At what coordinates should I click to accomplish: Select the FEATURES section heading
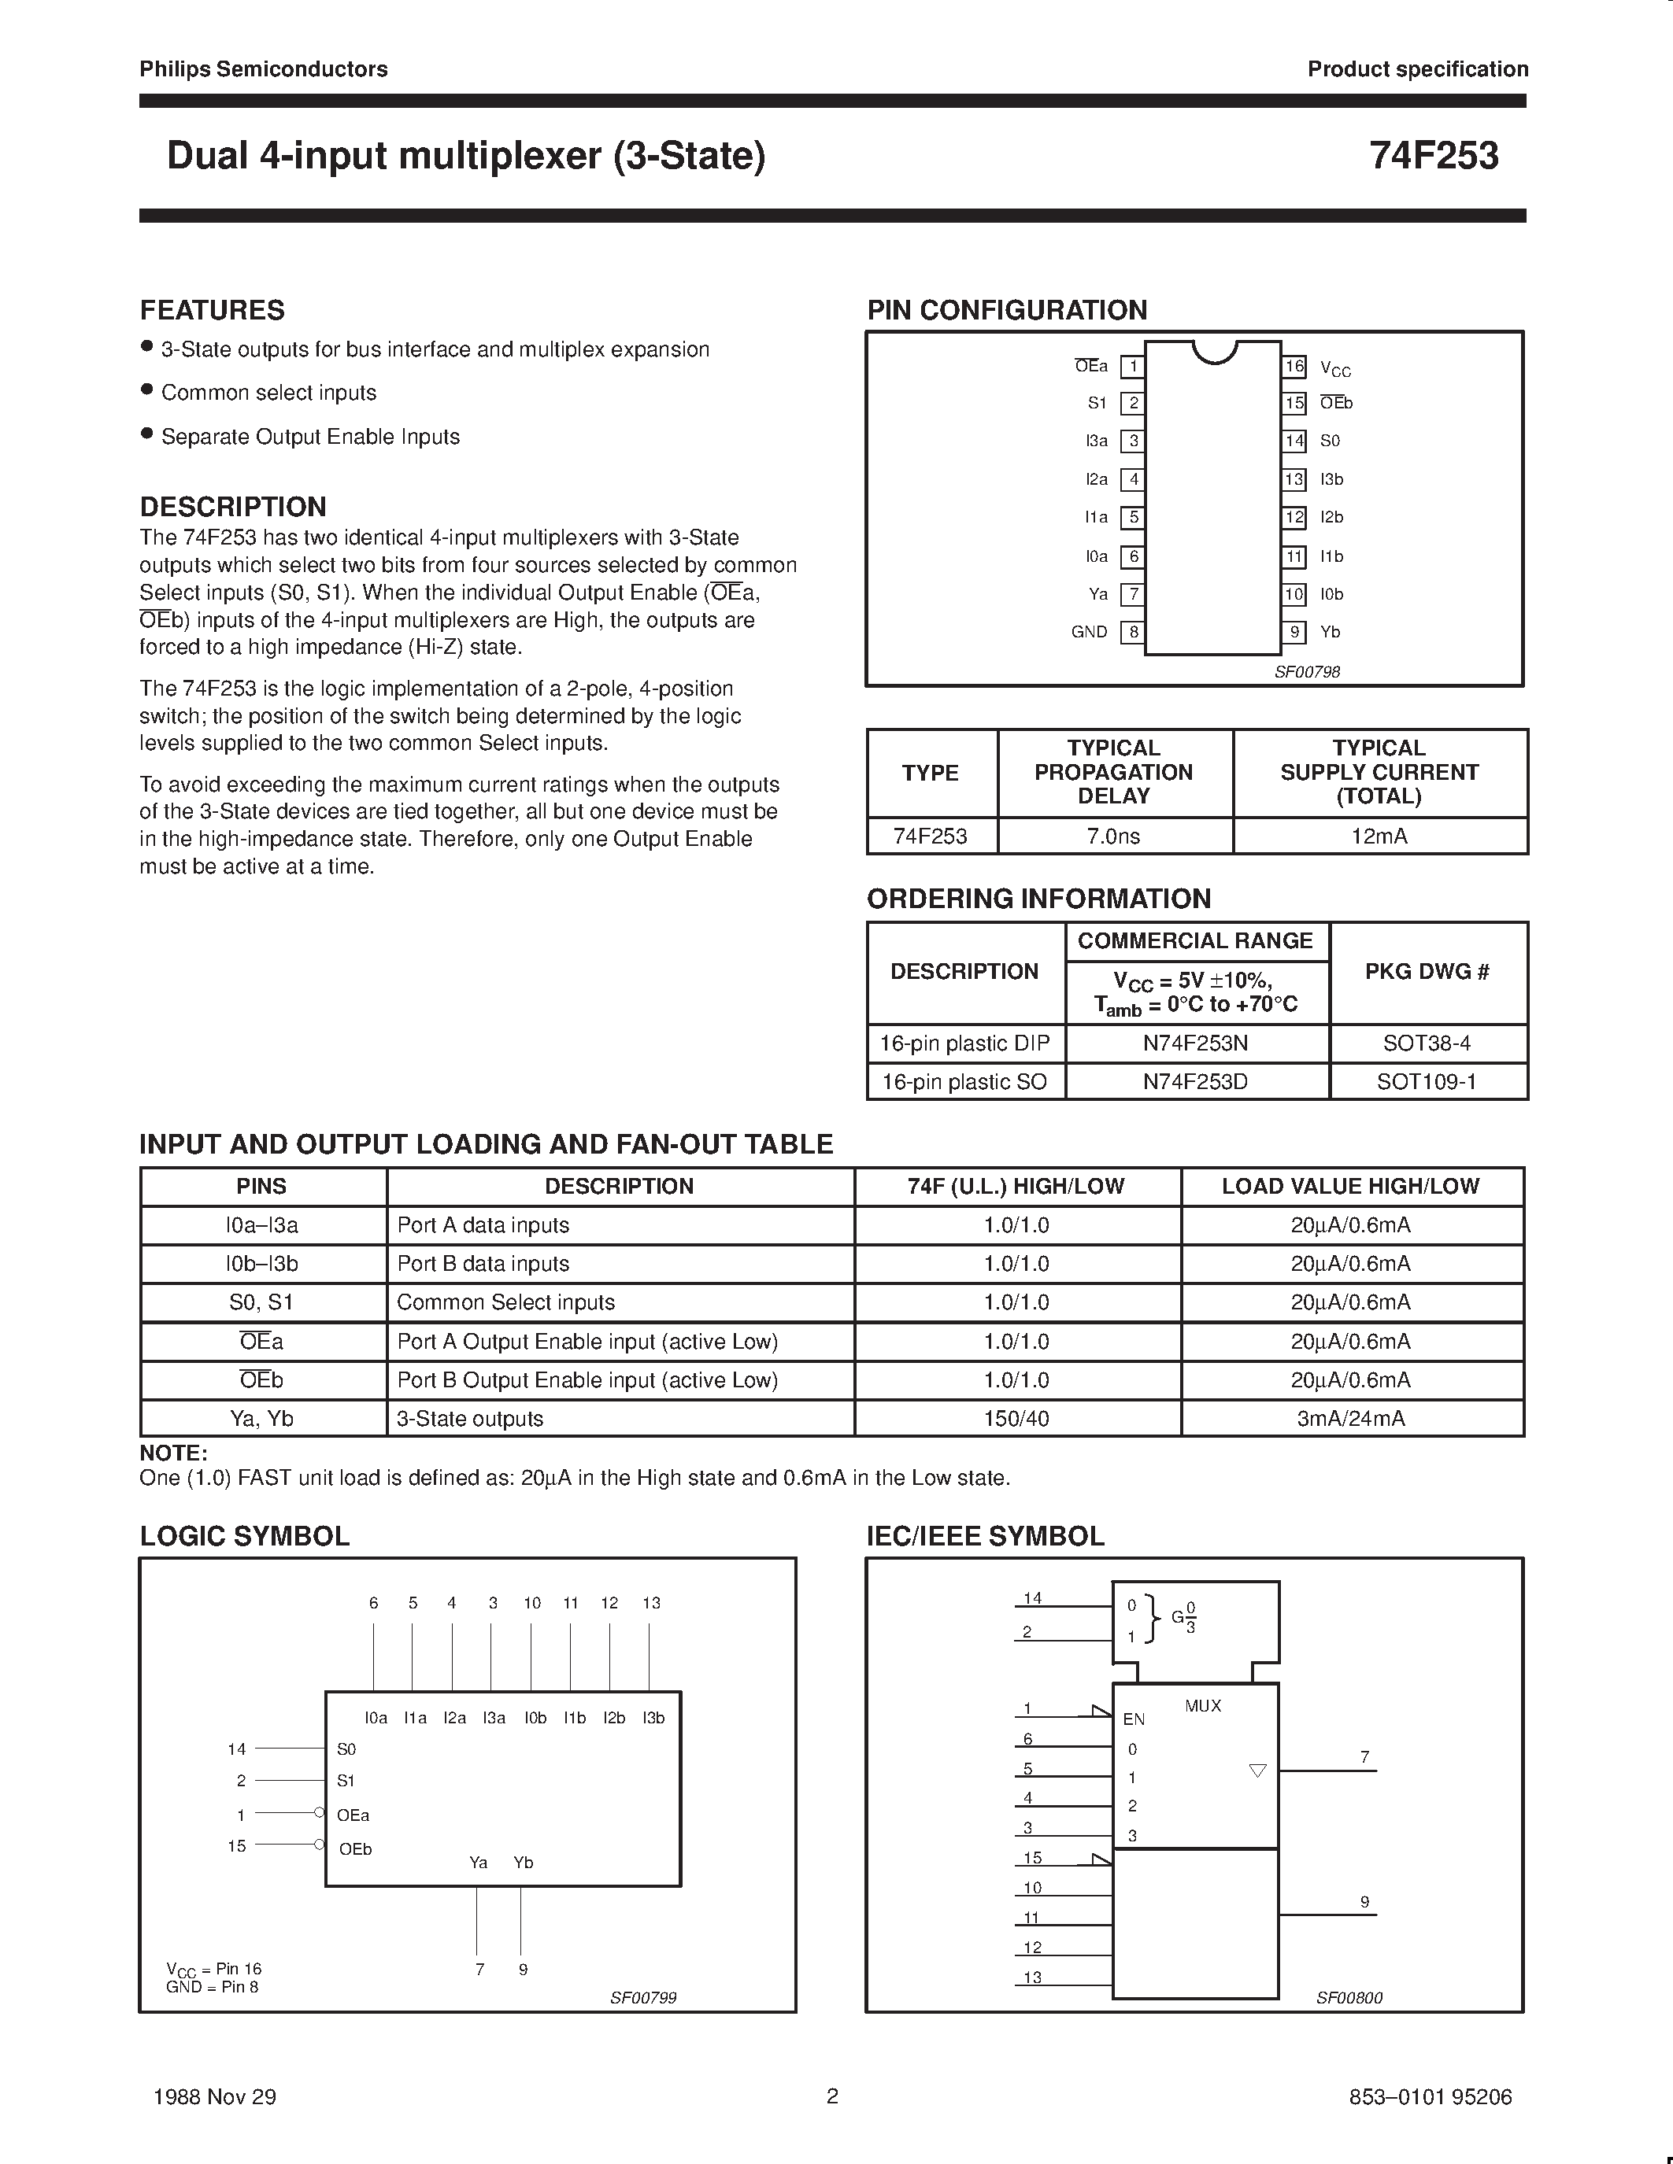click(x=212, y=310)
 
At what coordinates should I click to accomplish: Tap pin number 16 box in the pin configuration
click(x=1294, y=367)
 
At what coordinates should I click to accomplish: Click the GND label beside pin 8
click(x=1090, y=632)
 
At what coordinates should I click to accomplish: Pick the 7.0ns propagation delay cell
click(x=1114, y=836)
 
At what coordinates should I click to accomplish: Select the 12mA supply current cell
click(x=1379, y=836)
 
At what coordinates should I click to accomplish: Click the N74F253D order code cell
click(x=1195, y=1082)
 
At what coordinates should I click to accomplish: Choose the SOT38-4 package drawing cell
click(x=1427, y=1043)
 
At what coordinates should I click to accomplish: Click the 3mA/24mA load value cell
click(x=1350, y=1419)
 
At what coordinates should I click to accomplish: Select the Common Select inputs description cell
click(x=505, y=1303)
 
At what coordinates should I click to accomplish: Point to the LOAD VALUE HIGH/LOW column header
click(x=1350, y=1187)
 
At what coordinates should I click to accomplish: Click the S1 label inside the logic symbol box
click(x=346, y=1781)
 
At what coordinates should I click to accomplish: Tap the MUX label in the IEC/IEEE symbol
click(x=1202, y=1706)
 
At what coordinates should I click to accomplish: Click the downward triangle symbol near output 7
click(x=1258, y=1771)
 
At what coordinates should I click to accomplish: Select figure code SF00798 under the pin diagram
click(x=1306, y=672)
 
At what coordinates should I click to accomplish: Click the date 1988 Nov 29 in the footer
click(x=215, y=2096)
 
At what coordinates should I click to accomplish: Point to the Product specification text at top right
click(x=1417, y=69)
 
